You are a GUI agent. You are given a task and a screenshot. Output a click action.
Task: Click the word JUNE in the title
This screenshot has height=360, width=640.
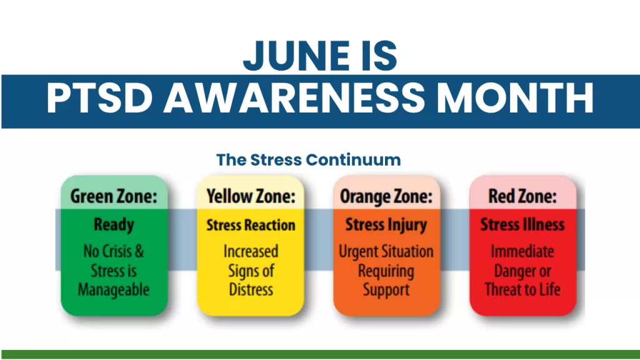tap(296, 56)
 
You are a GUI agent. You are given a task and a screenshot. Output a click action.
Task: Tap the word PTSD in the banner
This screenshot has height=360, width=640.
tap(99, 98)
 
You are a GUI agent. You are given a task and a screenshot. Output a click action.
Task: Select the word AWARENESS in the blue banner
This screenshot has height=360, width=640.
tap(294, 98)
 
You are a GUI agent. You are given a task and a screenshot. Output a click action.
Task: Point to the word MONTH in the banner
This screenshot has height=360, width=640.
tap(515, 98)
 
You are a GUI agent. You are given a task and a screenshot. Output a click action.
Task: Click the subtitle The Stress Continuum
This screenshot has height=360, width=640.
tap(309, 159)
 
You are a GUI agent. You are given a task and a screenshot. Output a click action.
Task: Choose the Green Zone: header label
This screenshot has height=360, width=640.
tap(114, 196)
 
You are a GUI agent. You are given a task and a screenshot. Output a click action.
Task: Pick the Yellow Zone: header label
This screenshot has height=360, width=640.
tap(251, 196)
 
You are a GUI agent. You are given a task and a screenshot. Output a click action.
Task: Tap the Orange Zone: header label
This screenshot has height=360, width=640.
tap(386, 197)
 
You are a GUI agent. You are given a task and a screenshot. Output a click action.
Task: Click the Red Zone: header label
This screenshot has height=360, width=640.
tap(522, 196)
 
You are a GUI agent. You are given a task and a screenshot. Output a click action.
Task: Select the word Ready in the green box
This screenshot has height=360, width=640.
tap(114, 225)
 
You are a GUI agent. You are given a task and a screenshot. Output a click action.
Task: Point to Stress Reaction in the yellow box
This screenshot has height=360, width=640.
tap(251, 225)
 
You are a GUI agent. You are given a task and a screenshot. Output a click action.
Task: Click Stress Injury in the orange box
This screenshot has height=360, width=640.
tap(386, 225)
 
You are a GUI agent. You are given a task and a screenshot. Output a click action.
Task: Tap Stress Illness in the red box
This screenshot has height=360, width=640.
tap(522, 224)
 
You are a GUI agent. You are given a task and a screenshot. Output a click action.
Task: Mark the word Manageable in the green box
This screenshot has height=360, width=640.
tap(114, 290)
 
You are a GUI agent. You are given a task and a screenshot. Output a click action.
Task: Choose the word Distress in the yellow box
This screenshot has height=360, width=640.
tap(251, 289)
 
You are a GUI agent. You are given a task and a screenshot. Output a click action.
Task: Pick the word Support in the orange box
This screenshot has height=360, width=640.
tap(386, 290)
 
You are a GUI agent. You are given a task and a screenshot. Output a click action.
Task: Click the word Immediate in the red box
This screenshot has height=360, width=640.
tap(522, 251)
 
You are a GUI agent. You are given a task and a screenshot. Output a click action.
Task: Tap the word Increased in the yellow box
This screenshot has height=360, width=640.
tap(251, 251)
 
